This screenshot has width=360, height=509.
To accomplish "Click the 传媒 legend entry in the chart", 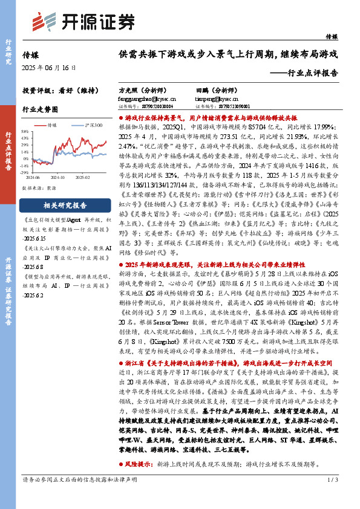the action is tap(52, 125).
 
